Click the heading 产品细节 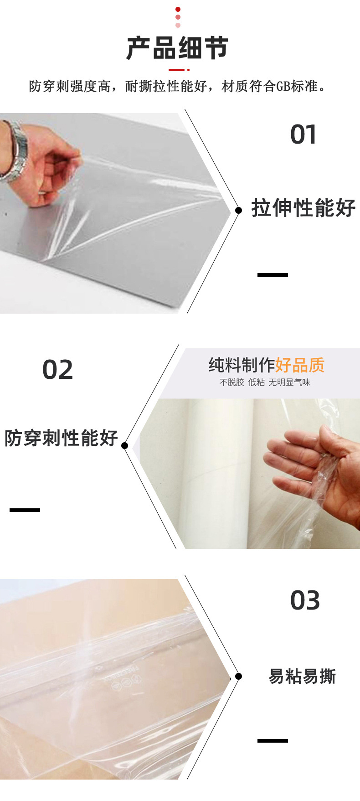177,48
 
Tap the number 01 303,135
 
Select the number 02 57,370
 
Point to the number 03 305,600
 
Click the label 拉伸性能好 303,208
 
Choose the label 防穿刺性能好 61,438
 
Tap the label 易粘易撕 302,676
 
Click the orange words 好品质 300,365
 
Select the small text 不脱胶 231,382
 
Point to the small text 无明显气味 289,382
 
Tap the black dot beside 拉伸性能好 238,210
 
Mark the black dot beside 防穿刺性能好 125,445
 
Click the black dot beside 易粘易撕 238,676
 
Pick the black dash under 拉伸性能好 273,275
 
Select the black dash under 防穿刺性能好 25,510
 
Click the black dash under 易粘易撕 273,741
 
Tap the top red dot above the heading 178,9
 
